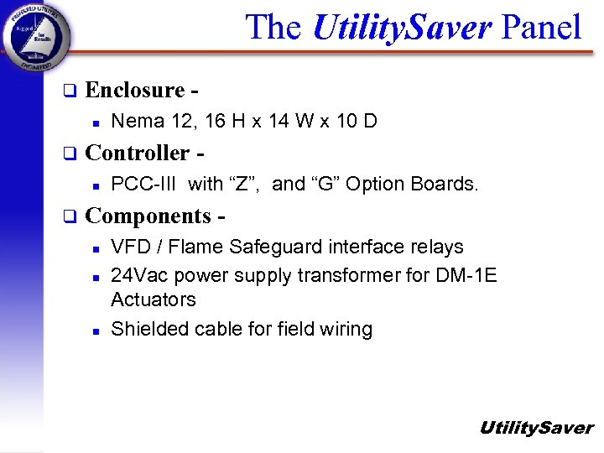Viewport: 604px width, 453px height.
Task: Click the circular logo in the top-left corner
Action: point(36,37)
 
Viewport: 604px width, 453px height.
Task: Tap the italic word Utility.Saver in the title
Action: point(401,28)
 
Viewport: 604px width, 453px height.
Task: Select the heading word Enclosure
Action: point(135,90)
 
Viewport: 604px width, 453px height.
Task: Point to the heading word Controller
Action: point(138,153)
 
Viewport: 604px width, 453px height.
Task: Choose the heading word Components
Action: point(148,216)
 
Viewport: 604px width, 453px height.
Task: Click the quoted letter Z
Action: point(243,184)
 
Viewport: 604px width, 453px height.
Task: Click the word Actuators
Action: point(154,299)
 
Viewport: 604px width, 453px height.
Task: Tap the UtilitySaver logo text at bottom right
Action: point(536,428)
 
